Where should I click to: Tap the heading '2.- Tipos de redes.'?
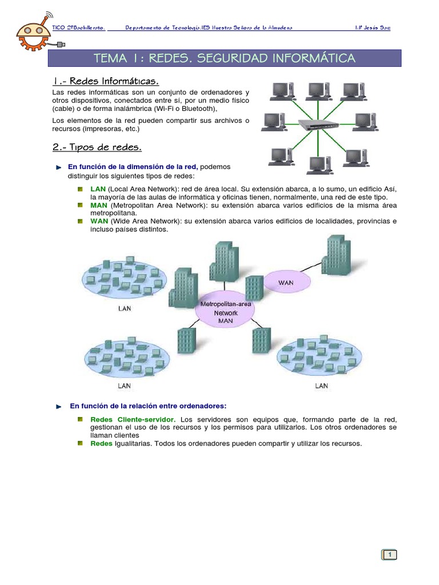point(97,147)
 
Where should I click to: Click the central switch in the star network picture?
point(318,124)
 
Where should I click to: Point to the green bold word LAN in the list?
point(98,189)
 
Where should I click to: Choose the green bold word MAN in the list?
point(98,205)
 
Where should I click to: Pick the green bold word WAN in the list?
point(99,221)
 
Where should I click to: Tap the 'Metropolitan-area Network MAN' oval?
point(225,312)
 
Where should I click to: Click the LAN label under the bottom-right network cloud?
point(322,386)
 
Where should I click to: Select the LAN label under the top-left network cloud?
point(124,308)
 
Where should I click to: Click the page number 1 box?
point(389,555)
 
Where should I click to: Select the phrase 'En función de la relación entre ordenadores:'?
point(148,406)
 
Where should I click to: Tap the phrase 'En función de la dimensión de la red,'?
point(133,166)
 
